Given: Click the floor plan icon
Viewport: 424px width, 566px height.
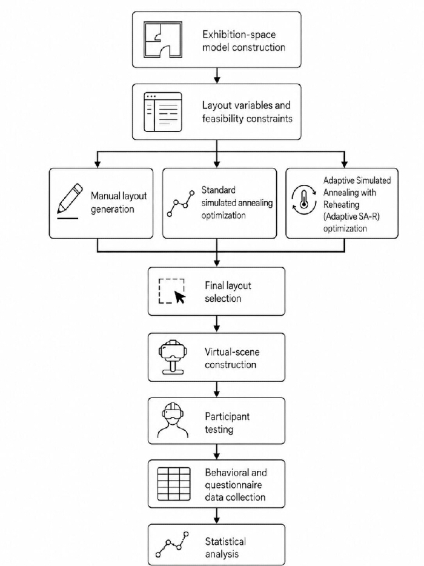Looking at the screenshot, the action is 163,39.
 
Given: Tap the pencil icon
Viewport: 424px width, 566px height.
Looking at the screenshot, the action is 70,201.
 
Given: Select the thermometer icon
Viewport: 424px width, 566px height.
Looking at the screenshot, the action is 304,200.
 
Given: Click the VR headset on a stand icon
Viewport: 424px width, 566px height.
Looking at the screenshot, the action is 173,357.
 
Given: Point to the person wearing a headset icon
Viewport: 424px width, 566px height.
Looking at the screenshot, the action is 173,420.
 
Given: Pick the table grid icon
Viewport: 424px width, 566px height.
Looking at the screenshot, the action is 174,484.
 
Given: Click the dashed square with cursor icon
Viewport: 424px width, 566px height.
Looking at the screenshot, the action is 172,291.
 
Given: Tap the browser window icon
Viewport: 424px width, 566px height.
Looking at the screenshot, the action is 163,112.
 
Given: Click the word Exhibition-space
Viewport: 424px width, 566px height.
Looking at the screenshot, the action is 239,35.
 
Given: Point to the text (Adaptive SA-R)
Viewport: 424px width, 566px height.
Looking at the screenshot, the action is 351,216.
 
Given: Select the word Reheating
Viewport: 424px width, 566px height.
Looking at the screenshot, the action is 342,205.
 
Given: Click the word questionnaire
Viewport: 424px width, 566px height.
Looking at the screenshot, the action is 233,485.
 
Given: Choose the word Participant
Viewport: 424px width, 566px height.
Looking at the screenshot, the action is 227,416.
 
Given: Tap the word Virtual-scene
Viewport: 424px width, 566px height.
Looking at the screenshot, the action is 232,352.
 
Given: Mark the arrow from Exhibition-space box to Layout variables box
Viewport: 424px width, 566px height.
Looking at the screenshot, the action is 216,75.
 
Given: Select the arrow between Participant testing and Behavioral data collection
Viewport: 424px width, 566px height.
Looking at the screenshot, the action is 216,451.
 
